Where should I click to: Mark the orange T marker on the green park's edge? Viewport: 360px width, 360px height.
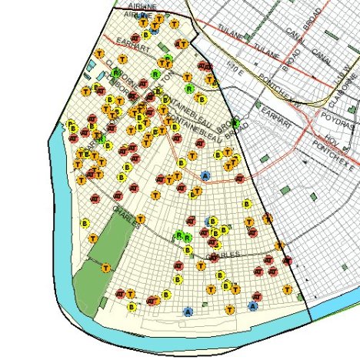point(105,268)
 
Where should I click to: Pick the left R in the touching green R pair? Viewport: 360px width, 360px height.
point(178,235)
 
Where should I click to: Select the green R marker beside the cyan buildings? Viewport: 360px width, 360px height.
point(116,73)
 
